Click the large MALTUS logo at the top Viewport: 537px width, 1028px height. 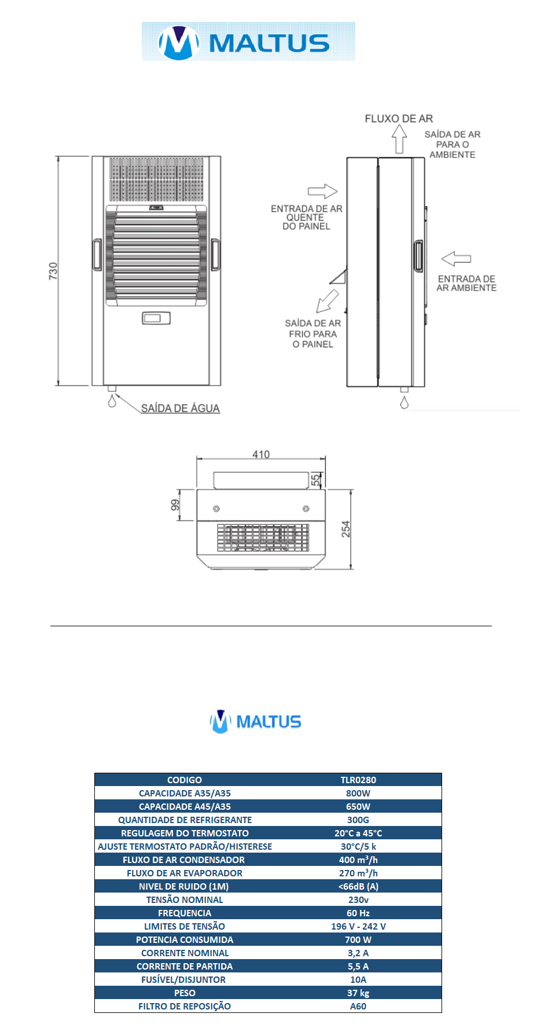click(248, 42)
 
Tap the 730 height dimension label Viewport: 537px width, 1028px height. click(53, 271)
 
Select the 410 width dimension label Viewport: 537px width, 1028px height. click(261, 454)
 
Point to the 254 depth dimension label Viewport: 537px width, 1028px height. click(346, 529)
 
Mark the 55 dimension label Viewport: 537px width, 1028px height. click(315, 480)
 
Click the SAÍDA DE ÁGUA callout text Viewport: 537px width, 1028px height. click(181, 408)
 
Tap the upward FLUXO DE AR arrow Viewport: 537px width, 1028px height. click(399, 139)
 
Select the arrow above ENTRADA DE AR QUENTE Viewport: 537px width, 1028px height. click(322, 191)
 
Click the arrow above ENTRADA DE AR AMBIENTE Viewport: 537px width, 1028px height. click(456, 258)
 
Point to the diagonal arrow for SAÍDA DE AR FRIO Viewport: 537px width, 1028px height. click(327, 301)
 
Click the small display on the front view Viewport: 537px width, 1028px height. click(156, 318)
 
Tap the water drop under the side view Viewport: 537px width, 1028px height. click(404, 403)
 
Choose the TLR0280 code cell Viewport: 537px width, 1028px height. click(358, 780)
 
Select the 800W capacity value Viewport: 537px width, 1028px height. click(358, 793)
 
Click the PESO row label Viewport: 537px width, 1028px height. click(185, 993)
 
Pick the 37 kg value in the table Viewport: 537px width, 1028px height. click(358, 993)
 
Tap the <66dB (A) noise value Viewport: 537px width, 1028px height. click(358, 886)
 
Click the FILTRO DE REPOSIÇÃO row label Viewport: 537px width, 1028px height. click(185, 1006)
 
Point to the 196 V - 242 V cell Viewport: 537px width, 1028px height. click(358, 926)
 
